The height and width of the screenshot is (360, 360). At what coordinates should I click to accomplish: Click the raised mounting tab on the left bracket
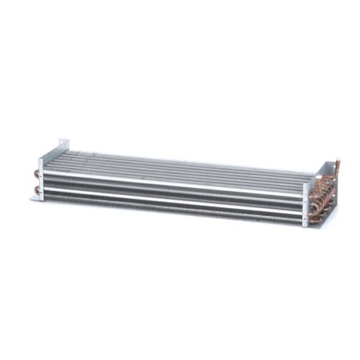[64, 147]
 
